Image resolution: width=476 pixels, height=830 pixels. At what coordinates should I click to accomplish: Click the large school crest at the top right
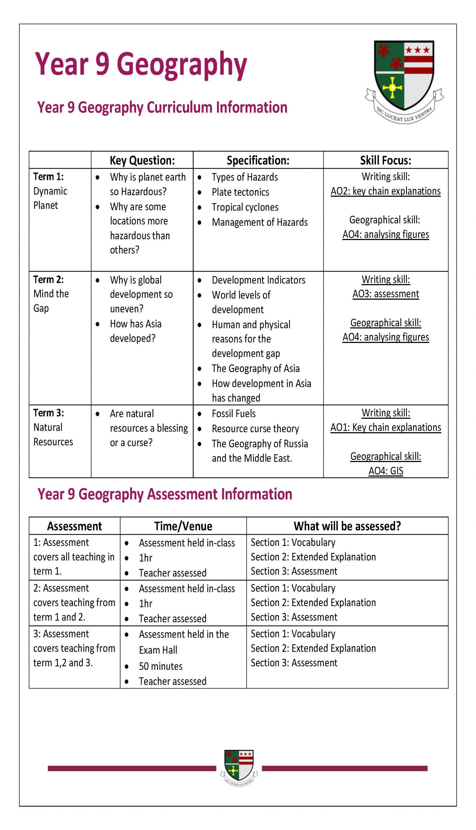(404, 80)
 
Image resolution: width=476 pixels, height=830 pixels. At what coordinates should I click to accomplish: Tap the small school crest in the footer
(239, 768)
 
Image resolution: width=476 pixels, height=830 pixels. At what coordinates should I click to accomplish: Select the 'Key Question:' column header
(142, 160)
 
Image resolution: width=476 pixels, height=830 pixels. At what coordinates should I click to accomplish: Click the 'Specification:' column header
(258, 160)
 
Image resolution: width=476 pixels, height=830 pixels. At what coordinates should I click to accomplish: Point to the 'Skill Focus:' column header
(385, 160)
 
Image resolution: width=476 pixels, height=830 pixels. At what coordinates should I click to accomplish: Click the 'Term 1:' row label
(48, 177)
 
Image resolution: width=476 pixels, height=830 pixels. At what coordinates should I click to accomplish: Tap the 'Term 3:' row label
(48, 413)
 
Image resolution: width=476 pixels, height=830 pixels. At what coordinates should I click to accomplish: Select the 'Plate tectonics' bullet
(240, 192)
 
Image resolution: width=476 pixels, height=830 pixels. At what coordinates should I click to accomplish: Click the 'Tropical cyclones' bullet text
(245, 207)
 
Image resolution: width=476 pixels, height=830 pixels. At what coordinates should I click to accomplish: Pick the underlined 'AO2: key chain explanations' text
(385, 191)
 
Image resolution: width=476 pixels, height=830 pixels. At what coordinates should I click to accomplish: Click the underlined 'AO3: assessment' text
(385, 294)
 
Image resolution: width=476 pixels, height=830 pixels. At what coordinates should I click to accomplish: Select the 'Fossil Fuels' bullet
(233, 413)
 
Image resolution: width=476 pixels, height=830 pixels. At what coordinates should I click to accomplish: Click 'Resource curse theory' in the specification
(255, 429)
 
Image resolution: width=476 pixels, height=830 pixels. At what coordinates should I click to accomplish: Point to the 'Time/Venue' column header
(183, 526)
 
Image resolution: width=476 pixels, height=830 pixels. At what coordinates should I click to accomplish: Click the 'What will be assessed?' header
(347, 526)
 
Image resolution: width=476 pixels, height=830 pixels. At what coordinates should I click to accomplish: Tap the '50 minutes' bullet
(161, 666)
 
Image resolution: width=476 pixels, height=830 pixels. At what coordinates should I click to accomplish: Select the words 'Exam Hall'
(158, 650)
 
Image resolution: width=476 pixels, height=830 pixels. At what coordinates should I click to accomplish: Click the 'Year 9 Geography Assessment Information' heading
(165, 494)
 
